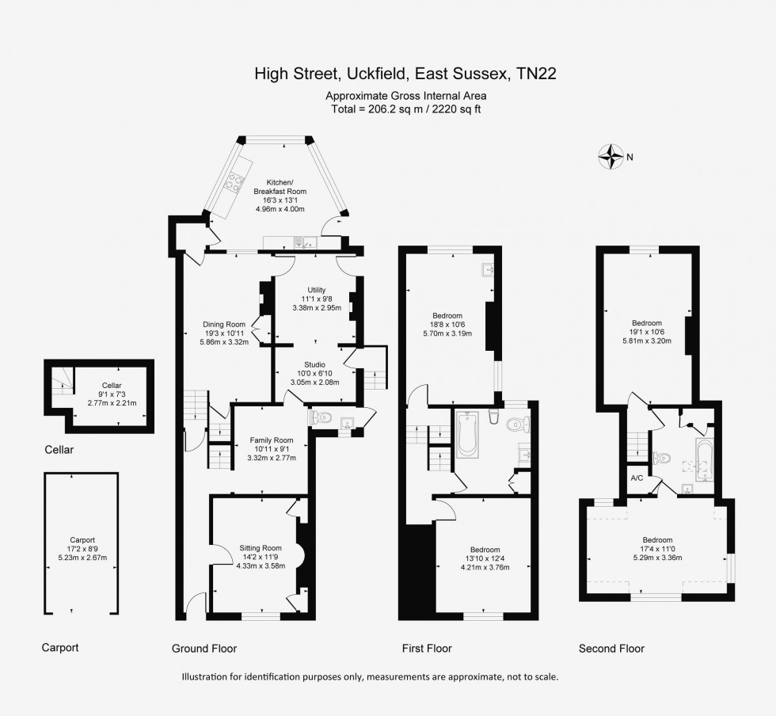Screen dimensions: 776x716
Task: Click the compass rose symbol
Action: click(x=611, y=157)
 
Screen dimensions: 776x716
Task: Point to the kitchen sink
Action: click(x=306, y=242)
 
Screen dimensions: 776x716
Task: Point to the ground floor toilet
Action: click(x=321, y=418)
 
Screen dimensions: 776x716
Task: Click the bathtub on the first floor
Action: click(x=466, y=435)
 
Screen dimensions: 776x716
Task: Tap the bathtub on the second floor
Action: click(x=705, y=460)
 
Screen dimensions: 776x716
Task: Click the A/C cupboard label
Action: click(x=637, y=478)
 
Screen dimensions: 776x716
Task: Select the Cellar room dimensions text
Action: click(x=112, y=398)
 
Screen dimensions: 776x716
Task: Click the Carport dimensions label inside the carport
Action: click(x=82, y=553)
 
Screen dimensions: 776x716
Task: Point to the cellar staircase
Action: click(x=62, y=381)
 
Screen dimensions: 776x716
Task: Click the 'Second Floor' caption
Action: click(x=611, y=648)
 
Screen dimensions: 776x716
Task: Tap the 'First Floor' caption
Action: click(x=427, y=648)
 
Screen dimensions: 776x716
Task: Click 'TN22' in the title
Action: click(x=537, y=74)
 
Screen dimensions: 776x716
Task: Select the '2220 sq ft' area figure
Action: click(x=457, y=109)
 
